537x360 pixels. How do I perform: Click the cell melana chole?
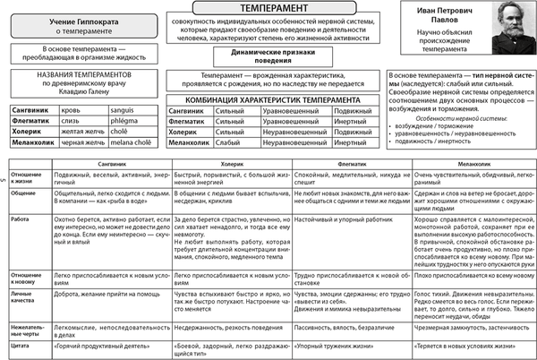click(x=129, y=141)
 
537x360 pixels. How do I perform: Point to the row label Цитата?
click(x=21, y=342)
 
